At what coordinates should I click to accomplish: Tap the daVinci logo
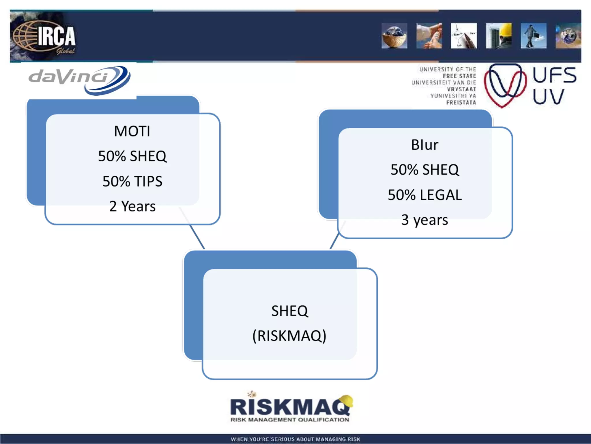[x=79, y=79]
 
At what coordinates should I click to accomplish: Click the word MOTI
[x=132, y=131]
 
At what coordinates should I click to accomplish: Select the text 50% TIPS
[x=132, y=182]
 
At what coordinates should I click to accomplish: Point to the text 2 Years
[x=132, y=206]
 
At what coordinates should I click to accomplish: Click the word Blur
[x=424, y=145]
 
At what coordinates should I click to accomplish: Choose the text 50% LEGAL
[x=424, y=195]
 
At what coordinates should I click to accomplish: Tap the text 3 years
[x=424, y=220]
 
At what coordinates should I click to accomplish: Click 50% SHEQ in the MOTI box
[x=132, y=156]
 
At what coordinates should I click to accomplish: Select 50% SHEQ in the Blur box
[x=424, y=170]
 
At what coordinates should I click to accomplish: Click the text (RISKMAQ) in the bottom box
[x=289, y=336]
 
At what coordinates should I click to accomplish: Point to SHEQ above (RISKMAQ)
[x=289, y=311]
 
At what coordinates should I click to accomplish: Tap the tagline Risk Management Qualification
[x=289, y=420]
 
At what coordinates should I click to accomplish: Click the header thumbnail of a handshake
[x=429, y=36]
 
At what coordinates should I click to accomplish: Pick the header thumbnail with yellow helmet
[x=498, y=36]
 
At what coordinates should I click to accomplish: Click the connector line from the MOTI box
[x=197, y=237]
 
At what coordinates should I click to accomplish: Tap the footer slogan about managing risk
[x=295, y=439]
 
